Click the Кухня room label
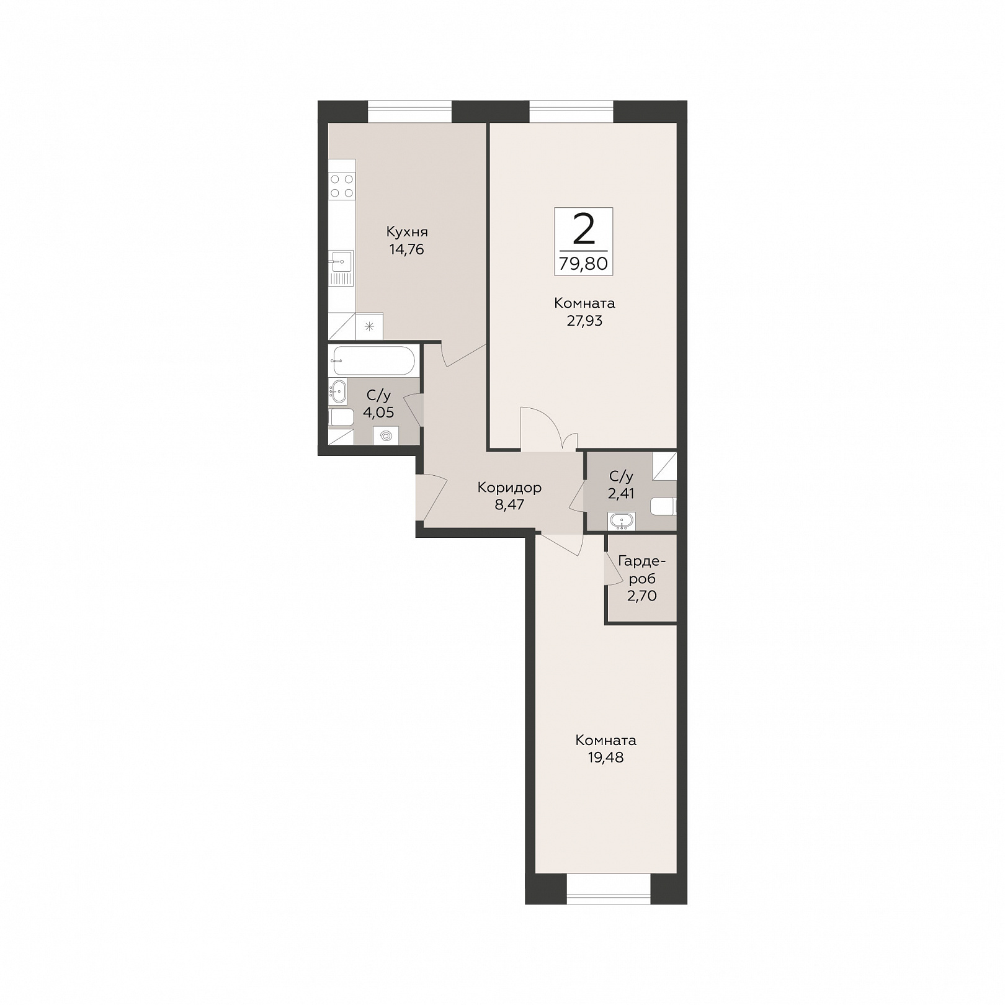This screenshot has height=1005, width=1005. click(x=407, y=233)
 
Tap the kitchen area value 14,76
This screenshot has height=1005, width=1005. click(x=407, y=250)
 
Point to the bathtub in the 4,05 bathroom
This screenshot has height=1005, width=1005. click(x=373, y=360)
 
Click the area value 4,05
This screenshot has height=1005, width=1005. click(x=378, y=413)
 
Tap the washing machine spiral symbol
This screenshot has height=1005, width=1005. click(x=386, y=436)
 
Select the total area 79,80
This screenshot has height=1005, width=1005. click(x=583, y=264)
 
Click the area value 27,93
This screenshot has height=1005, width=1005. click(x=584, y=321)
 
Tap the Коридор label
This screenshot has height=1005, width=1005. click(x=509, y=488)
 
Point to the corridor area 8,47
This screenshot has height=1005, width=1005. click(x=509, y=505)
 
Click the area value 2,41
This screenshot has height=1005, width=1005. click(x=621, y=494)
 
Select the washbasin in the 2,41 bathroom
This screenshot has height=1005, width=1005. click(x=622, y=521)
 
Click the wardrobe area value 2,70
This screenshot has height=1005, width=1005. click(x=641, y=597)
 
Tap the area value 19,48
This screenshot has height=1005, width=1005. click(x=605, y=758)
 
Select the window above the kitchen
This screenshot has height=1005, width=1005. click(x=409, y=112)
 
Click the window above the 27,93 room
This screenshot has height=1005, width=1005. click(x=571, y=112)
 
